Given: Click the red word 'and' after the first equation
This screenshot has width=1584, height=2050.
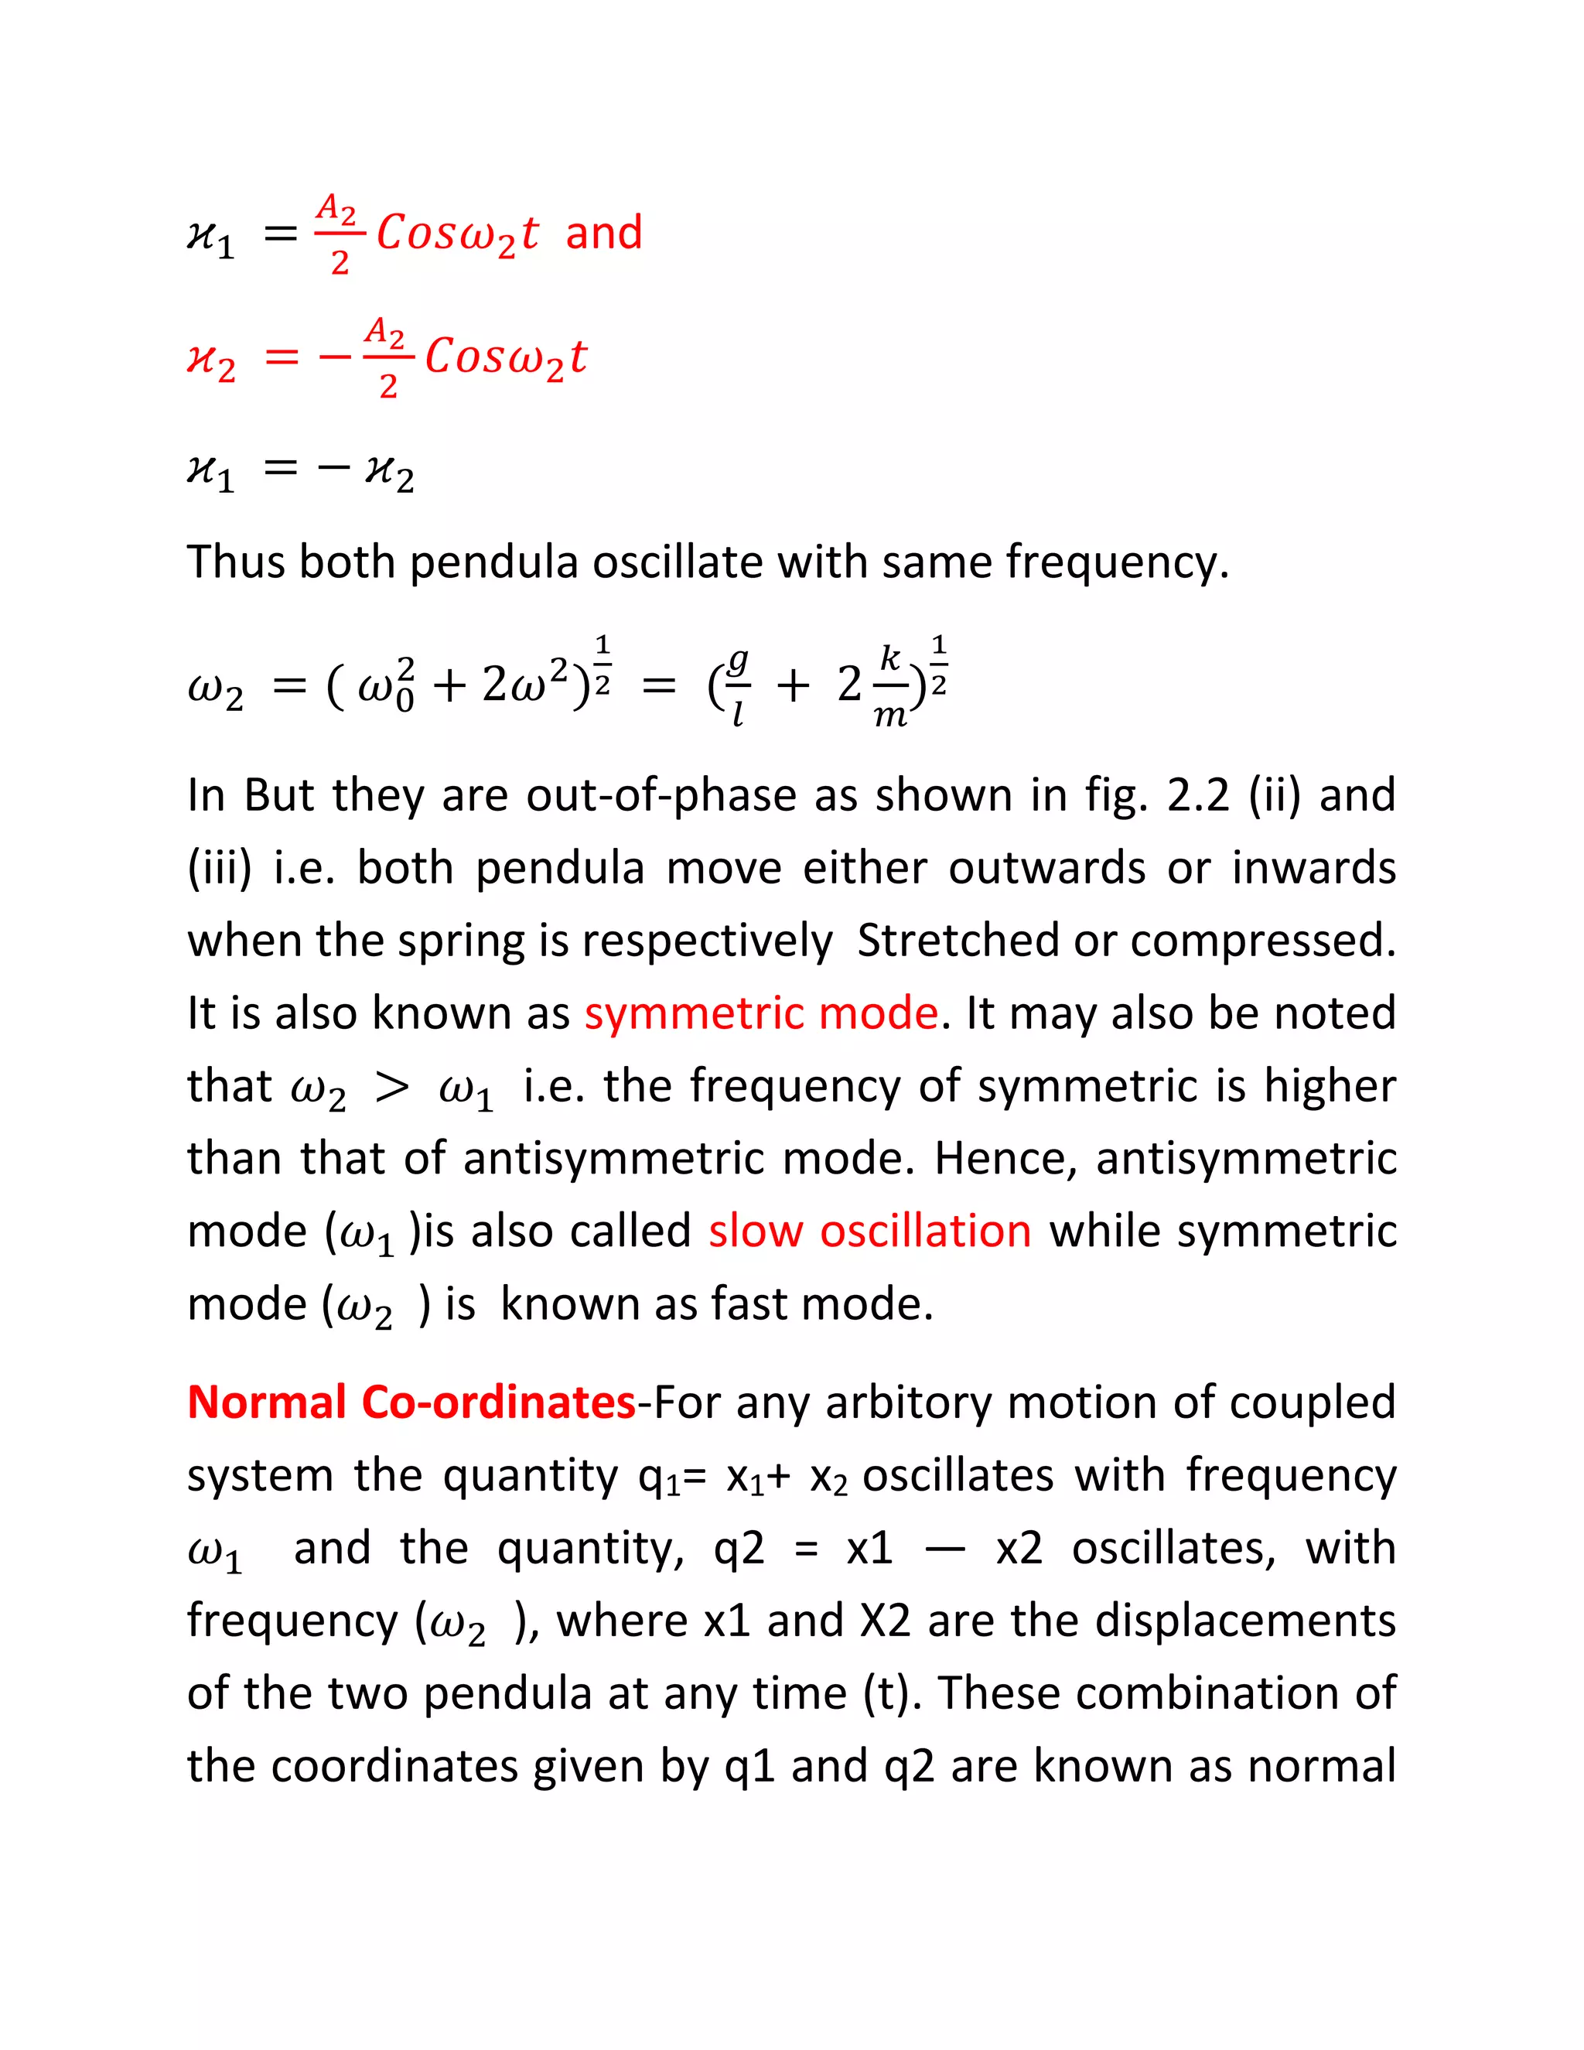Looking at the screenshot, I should click(603, 232).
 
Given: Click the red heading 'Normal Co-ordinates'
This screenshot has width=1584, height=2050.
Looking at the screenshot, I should click(411, 1402).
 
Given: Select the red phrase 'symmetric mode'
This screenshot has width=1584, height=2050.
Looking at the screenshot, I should click(761, 1013).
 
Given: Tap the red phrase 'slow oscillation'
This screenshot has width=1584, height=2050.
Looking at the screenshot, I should click(870, 1231).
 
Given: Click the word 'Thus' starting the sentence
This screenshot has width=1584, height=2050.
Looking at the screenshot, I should click(237, 562).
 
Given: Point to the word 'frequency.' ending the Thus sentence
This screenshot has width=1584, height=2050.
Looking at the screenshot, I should click(1117, 563).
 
